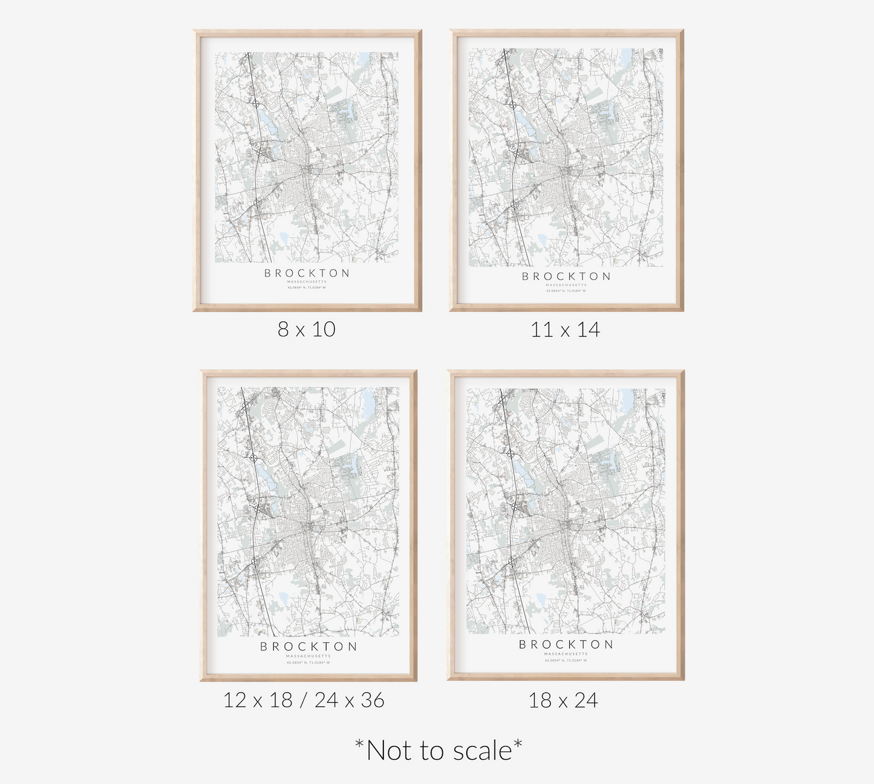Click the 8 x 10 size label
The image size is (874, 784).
[x=306, y=330]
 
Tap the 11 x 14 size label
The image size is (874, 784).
[x=565, y=330]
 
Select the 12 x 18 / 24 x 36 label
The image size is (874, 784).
[x=304, y=701]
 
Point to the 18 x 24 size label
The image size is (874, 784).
[x=563, y=701]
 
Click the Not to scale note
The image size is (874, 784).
[x=438, y=751]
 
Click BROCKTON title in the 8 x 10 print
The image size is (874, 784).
[x=307, y=273]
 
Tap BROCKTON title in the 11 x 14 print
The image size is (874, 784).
[x=566, y=276]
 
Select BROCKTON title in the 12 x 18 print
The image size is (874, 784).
[x=308, y=647]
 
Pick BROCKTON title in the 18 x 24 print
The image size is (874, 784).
[x=566, y=645]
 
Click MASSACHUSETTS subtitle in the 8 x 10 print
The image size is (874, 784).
[x=307, y=281]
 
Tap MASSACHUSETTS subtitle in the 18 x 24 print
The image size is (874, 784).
[x=566, y=654]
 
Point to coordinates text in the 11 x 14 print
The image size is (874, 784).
[x=566, y=291]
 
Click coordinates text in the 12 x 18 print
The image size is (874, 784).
[x=308, y=662]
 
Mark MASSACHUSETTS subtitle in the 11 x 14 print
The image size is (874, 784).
[x=566, y=285]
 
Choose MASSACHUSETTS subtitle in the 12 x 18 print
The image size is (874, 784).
[x=308, y=656]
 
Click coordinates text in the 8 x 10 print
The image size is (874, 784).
[x=307, y=287]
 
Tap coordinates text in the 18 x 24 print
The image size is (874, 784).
[x=566, y=661]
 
